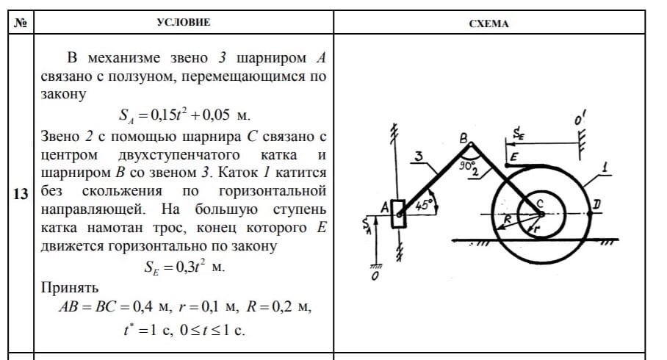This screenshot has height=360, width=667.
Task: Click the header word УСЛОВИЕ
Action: tap(184, 22)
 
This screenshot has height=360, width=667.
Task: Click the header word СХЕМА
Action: tap(488, 24)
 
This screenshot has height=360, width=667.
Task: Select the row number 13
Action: tap(21, 194)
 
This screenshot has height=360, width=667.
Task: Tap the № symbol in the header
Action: tap(21, 23)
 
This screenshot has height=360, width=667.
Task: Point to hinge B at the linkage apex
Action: tap(470, 145)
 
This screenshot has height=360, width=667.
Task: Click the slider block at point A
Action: tap(399, 214)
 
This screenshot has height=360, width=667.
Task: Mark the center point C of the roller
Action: tap(540, 214)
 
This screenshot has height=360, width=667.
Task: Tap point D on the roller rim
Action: tap(590, 213)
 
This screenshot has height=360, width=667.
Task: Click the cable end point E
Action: tap(507, 165)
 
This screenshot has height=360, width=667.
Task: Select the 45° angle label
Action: tap(424, 205)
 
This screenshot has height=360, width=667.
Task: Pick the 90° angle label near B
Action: tap(466, 165)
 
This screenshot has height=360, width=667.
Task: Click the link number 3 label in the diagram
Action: tap(419, 156)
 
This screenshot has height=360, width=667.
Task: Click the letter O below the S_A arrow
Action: tap(375, 276)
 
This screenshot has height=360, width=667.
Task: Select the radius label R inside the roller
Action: tap(507, 219)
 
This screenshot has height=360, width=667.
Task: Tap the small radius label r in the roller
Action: tap(536, 228)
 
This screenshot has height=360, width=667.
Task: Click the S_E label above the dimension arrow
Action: tap(518, 134)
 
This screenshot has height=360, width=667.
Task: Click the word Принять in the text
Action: tap(70, 288)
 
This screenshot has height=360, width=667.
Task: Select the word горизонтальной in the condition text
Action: tap(273, 191)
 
